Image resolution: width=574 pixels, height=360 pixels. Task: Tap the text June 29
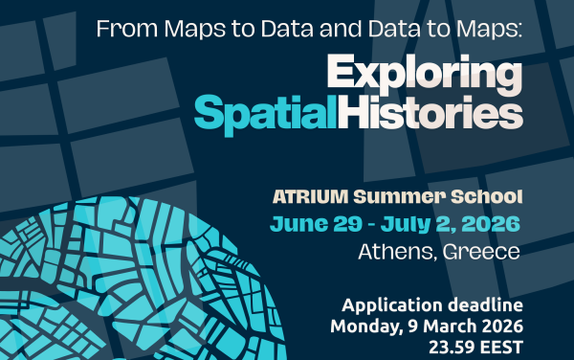click(306, 225)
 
